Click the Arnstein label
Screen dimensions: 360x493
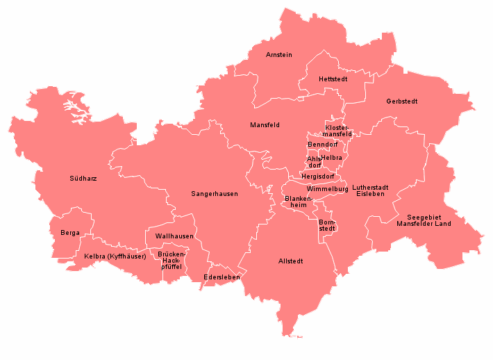click(279, 54)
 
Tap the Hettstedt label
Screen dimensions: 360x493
click(333, 79)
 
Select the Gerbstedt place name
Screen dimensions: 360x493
click(402, 101)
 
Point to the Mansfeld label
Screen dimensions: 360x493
click(265, 125)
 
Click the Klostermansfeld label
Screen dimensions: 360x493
click(339, 130)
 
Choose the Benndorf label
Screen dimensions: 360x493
click(322, 145)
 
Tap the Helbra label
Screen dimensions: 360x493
click(332, 158)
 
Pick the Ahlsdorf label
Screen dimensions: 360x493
click(315, 162)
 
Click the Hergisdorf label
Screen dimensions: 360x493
click(317, 177)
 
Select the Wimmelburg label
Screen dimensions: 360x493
click(326, 189)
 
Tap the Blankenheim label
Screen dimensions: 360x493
click(299, 202)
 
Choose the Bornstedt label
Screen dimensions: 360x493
click(327, 225)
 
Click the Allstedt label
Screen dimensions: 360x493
click(290, 261)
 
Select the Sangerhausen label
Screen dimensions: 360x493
click(215, 194)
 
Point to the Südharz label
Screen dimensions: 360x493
click(83, 179)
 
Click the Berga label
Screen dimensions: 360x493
click(69, 233)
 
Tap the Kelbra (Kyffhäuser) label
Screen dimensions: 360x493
click(115, 256)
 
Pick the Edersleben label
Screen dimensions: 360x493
click(222, 277)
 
